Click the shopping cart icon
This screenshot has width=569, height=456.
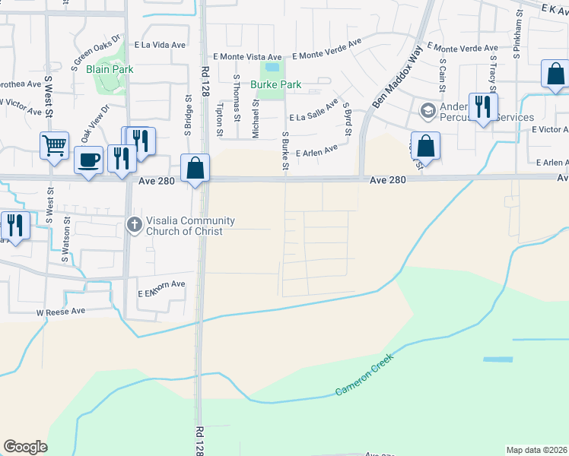pos(54,144)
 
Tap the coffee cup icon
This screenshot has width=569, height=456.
pos(89,160)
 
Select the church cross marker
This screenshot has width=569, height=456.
pos(134,224)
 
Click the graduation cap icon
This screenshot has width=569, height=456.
pos(428,111)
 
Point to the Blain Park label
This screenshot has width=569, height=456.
pos(110,69)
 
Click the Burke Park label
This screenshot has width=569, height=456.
pos(278,85)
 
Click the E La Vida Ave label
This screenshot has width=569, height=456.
pos(161,45)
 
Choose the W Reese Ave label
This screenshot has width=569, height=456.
pos(62,312)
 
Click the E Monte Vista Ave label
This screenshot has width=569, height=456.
pos(247,56)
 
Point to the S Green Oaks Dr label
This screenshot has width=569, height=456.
pos(97,51)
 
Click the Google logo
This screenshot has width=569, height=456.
pos(26,447)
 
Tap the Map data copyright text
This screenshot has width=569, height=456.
pos(536,450)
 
